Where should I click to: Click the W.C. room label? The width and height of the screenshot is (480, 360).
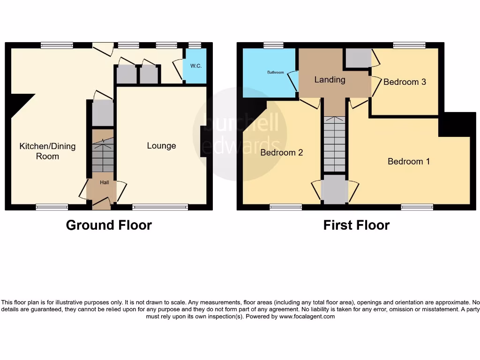[196, 66]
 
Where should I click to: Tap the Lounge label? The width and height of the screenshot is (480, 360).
[161, 146]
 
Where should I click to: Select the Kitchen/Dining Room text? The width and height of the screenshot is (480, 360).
[47, 151]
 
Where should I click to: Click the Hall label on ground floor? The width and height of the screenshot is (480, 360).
[104, 182]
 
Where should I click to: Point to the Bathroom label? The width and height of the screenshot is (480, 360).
[276, 73]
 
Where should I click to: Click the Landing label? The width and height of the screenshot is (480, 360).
[330, 80]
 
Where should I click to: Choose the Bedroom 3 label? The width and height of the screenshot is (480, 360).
[405, 82]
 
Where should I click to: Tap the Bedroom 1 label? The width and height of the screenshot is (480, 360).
[409, 162]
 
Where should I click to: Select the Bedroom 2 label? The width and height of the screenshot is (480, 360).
[282, 153]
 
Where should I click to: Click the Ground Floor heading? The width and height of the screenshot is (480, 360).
[109, 225]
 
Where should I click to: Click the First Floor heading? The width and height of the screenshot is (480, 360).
[356, 225]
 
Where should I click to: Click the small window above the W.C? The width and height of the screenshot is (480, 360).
[195, 45]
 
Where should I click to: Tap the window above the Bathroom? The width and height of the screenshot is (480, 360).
[273, 45]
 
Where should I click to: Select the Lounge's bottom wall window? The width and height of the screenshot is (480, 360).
[160, 207]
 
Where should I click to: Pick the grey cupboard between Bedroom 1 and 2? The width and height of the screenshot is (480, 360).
[335, 189]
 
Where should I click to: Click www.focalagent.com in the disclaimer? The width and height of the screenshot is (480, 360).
[307, 316]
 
